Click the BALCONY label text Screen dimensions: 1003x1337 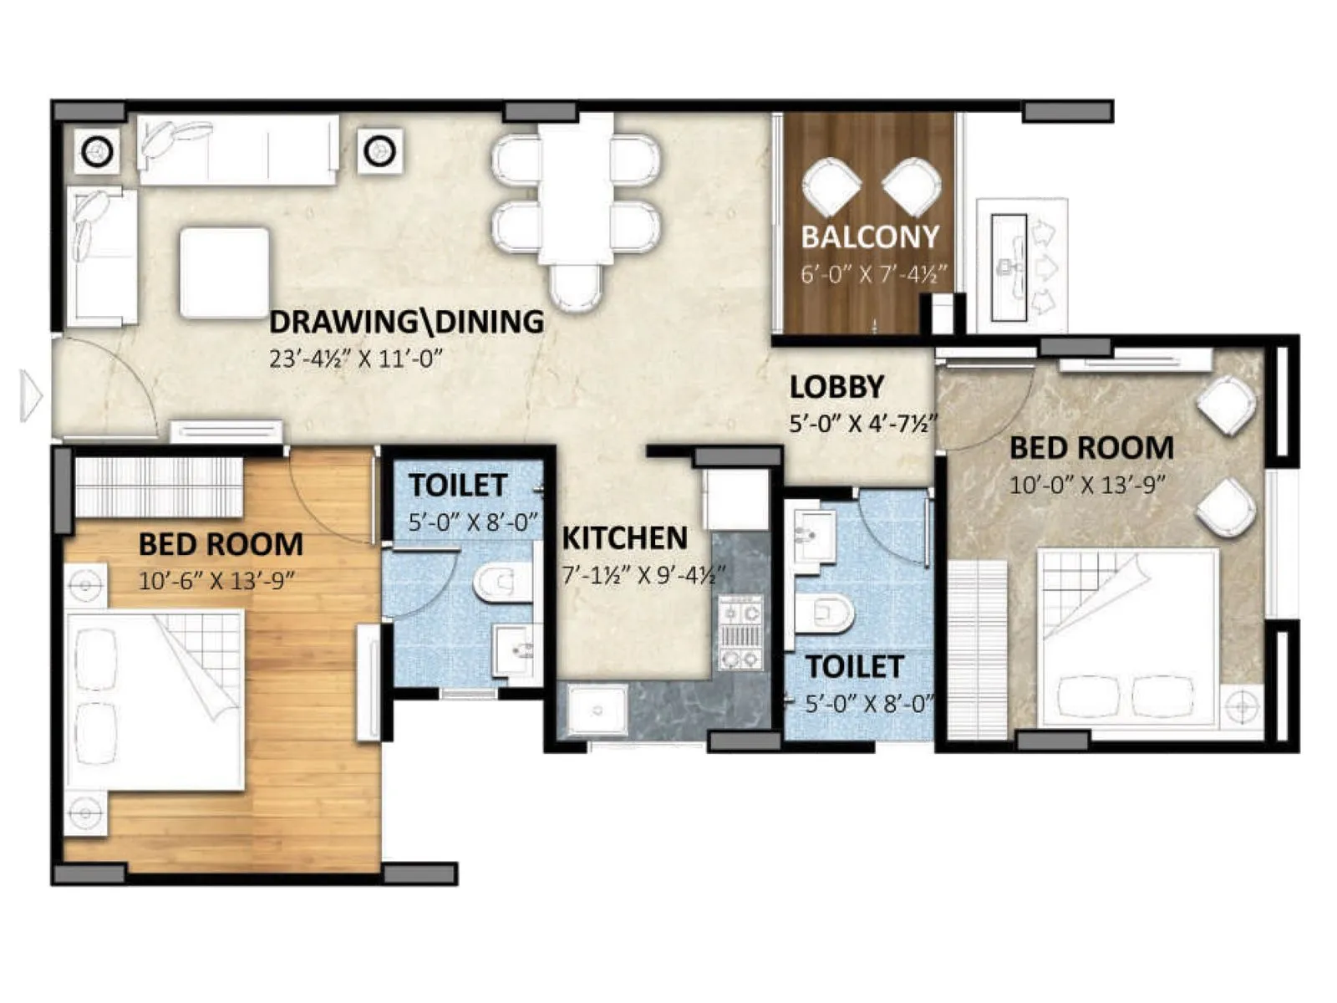[x=870, y=237]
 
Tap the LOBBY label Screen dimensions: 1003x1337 [x=836, y=387]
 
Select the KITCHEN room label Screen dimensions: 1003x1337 [x=624, y=538]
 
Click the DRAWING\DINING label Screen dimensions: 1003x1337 [x=407, y=322]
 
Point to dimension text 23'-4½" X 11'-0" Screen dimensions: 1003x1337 [x=355, y=359]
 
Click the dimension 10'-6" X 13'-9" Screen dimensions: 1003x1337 [x=217, y=580]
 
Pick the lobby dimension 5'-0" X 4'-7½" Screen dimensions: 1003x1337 [x=862, y=424]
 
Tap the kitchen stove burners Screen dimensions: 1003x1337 [x=740, y=633]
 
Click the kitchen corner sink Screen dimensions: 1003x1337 [x=596, y=710]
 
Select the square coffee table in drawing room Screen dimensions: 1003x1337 [x=224, y=272]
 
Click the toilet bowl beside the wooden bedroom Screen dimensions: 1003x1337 [x=501, y=583]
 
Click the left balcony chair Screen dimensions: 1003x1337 [x=833, y=186]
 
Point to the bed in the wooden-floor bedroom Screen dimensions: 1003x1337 [x=155, y=700]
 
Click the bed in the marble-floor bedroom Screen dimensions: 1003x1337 [x=1126, y=639]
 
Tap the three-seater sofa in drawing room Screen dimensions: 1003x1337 [x=238, y=150]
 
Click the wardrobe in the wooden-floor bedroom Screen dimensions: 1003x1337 [x=158, y=487]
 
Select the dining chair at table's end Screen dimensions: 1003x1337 [x=576, y=286]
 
